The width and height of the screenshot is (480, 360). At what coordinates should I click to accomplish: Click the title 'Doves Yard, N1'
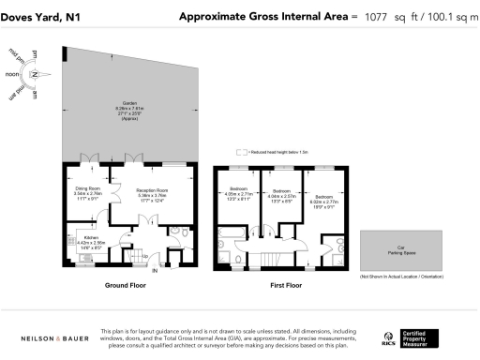pos(40,16)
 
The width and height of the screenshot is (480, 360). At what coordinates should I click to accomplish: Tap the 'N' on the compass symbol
pos(34,73)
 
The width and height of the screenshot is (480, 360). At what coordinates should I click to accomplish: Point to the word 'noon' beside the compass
pos(12,73)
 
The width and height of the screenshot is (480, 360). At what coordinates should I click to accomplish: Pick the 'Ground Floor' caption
pos(123,284)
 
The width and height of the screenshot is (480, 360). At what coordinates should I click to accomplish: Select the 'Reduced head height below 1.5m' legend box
pos(241,151)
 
